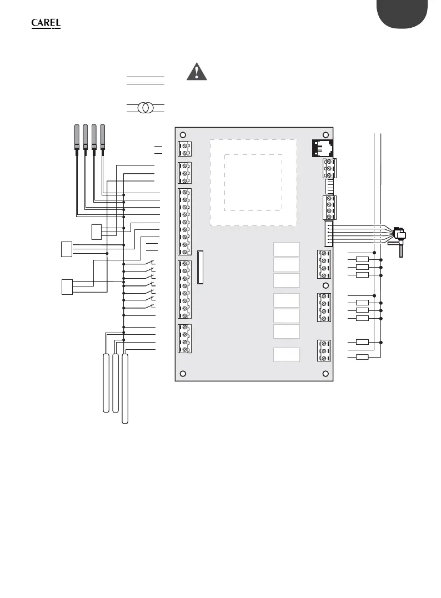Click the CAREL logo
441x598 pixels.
pos(46,24)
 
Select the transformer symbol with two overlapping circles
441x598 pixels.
pos(146,108)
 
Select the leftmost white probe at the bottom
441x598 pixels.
pos(106,382)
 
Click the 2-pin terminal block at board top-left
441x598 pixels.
pos(184,148)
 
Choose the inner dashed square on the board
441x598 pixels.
pos(253,182)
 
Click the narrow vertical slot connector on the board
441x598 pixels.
pos(200,267)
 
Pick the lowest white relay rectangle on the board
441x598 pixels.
pos(287,354)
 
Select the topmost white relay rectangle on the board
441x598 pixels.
pos(287,249)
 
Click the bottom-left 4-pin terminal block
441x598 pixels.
pos(184,339)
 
